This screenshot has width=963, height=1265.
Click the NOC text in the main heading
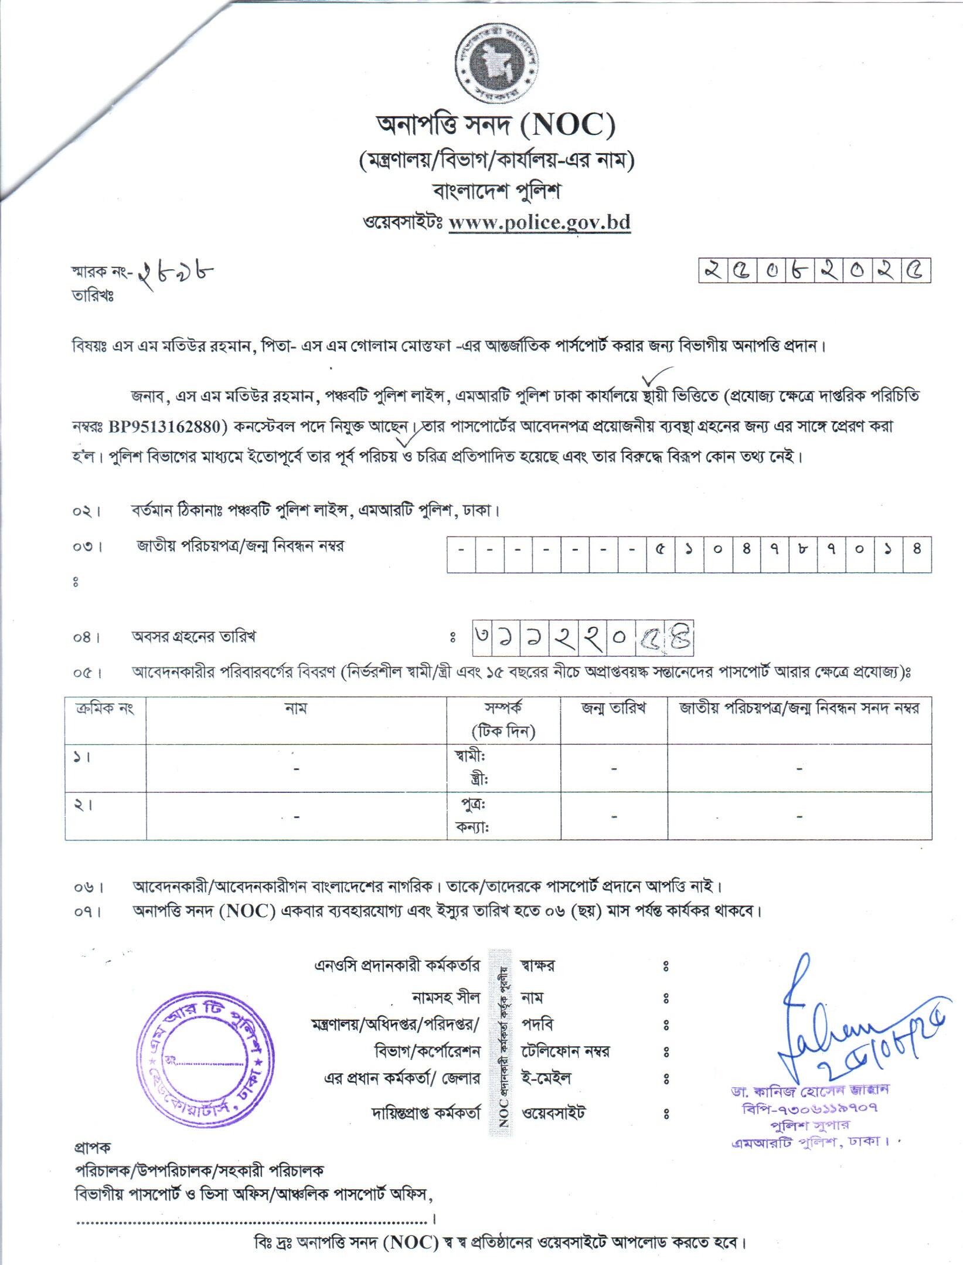coord(567,125)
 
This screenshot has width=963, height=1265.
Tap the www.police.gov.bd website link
coord(539,223)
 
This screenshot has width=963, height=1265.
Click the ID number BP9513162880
coord(168,426)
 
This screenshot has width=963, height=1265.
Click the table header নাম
coord(295,708)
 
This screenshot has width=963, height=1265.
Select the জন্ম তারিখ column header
coord(613,708)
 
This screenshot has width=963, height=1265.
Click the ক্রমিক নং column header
coord(105,708)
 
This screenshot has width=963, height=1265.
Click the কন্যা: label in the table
coord(472,827)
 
